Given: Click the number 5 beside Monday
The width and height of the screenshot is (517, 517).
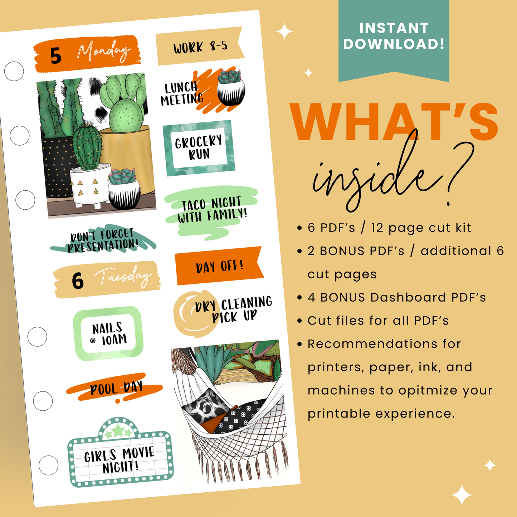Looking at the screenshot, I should point(55,56).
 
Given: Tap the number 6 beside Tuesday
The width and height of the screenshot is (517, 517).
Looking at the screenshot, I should point(78,281).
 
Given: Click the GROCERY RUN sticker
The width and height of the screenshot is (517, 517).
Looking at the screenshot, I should point(199,148).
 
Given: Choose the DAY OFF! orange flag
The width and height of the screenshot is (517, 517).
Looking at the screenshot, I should point(219,266).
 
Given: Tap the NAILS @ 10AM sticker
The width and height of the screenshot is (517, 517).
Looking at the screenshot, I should point(108,333).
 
